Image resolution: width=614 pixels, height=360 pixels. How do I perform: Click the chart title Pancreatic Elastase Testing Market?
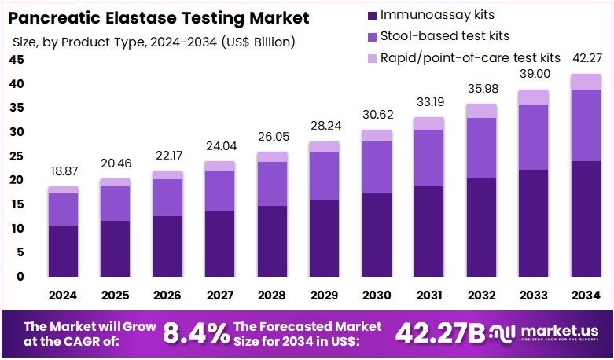pos(158,17)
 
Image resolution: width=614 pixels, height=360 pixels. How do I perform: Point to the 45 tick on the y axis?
pos(16,60)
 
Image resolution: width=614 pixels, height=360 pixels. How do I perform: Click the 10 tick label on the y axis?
pos(16,229)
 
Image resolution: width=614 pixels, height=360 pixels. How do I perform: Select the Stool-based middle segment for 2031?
pos(428,158)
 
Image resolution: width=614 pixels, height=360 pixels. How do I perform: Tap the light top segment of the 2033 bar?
pos(533,97)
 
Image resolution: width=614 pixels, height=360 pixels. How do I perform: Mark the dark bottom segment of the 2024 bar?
pos(63,251)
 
